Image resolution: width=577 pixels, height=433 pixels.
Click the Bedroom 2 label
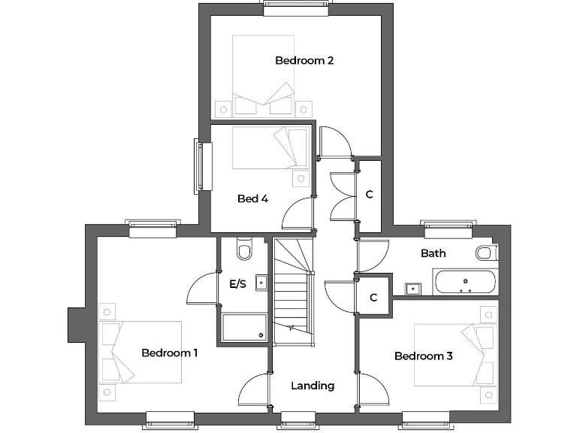[x=304, y=60]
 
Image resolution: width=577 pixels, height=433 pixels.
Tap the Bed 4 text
[x=252, y=198]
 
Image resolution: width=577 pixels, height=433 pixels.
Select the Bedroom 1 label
[x=170, y=353]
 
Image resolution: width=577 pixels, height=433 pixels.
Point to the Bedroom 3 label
[x=423, y=356]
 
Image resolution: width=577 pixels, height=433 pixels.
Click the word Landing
[x=313, y=386]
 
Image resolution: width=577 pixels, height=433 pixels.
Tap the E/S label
[x=237, y=283]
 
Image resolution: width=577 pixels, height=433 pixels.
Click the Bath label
[x=433, y=253]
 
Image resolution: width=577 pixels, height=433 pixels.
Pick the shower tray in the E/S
[x=244, y=328]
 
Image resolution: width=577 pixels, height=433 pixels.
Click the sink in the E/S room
[x=261, y=283]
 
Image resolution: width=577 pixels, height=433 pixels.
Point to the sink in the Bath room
[x=412, y=288]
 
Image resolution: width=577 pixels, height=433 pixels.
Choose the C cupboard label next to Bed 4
[x=369, y=195]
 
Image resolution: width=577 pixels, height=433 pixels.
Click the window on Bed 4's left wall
[x=199, y=167]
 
